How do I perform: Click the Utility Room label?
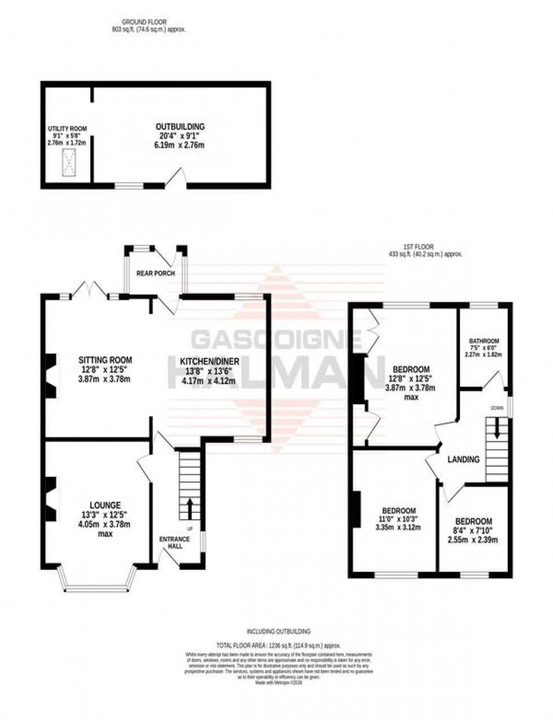click(67, 129)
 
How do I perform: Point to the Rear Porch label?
click(156, 273)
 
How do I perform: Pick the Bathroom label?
click(484, 341)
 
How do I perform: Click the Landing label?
click(463, 460)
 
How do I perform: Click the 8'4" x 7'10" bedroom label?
click(473, 522)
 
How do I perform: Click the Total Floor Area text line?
click(279, 645)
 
